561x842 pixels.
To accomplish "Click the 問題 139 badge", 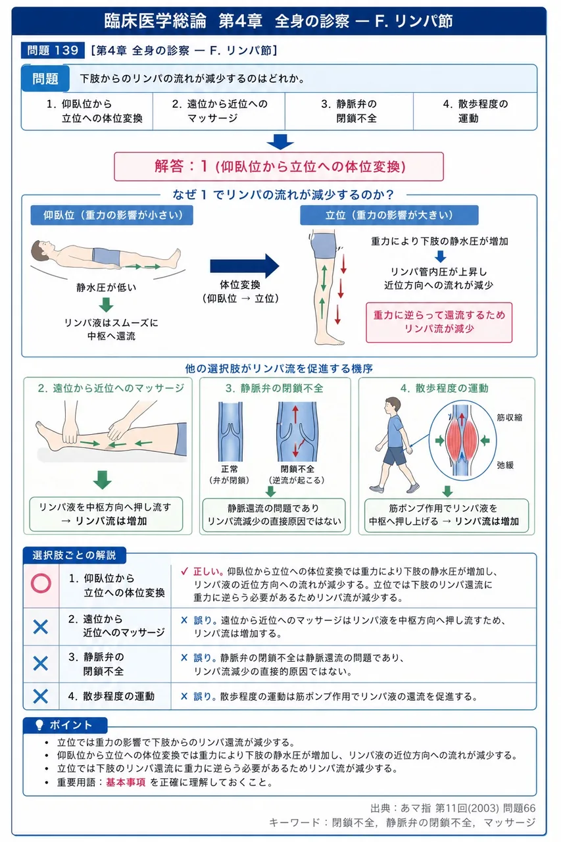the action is [53, 51].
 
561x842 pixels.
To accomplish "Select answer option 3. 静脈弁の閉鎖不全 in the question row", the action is [349, 111].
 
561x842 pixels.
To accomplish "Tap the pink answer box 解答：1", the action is [279, 166].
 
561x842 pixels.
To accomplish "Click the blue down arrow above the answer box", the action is [280, 141].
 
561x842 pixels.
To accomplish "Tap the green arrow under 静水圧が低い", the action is [107, 305].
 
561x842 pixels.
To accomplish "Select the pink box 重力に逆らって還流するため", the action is [439, 322].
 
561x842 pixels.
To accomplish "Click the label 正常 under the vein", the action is [230, 469].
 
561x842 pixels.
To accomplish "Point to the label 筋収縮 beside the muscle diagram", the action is [509, 417].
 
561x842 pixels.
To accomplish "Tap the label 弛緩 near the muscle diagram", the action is [505, 465].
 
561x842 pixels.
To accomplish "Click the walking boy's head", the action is [393, 407].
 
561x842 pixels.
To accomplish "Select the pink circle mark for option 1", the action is [41, 583].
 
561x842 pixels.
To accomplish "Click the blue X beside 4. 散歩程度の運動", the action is [41, 696].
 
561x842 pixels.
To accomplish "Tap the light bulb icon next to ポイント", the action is [39, 724].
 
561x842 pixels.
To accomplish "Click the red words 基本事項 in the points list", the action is [126, 782].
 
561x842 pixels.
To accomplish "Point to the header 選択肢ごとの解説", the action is [74, 555].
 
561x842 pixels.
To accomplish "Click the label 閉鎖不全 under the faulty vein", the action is [297, 469].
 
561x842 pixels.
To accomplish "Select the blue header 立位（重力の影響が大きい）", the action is [389, 215].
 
